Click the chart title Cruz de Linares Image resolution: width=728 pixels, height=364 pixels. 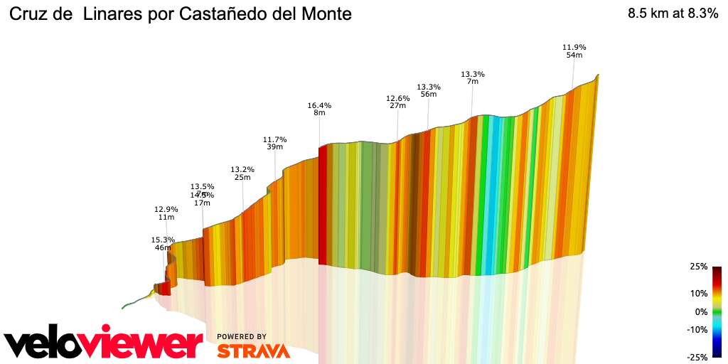[180, 14]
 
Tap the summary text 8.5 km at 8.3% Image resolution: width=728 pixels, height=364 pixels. [673, 14]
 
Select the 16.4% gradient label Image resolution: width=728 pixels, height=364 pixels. [319, 105]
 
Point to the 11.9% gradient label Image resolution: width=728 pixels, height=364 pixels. [574, 47]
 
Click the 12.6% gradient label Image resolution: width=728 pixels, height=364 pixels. [397, 98]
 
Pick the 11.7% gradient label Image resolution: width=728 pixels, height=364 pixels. [274, 139]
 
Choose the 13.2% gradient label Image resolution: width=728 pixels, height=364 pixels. [242, 169]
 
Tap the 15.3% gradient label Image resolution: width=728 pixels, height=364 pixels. [163, 240]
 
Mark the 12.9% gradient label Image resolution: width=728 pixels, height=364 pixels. [166, 209]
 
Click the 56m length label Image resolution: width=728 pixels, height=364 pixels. [428, 95]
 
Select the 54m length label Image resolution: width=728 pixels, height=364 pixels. [574, 55]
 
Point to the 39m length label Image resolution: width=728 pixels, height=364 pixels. [274, 147]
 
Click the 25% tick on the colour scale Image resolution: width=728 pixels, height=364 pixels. [698, 267]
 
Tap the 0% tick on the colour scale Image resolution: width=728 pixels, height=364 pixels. [701, 311]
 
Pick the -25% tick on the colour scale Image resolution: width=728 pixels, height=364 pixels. [698, 357]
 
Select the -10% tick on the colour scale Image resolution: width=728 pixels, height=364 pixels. [698, 329]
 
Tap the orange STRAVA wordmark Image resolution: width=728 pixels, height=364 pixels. [253, 350]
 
